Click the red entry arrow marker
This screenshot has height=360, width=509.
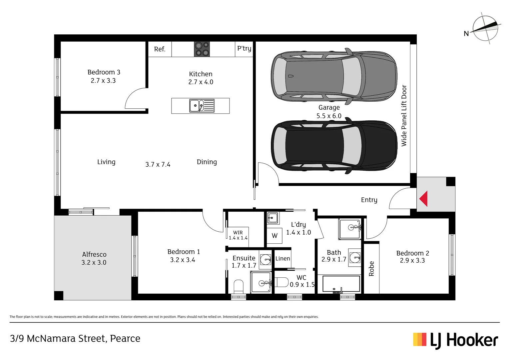tap(423, 199)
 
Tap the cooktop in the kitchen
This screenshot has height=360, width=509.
tap(202, 49)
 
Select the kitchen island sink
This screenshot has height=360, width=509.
tap(202, 106)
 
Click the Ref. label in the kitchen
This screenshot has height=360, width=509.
tap(160, 49)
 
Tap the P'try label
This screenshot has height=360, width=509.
tap(244, 48)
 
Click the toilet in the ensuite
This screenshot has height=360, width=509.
tap(239, 287)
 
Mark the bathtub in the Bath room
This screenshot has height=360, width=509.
tap(338, 284)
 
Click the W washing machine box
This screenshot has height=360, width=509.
tap(274, 236)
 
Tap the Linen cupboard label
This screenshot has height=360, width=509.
tap(282, 259)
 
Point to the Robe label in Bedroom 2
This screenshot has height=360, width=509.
tap(371, 269)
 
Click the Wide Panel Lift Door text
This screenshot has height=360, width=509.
tap(404, 116)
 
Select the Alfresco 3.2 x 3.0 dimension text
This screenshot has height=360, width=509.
tap(94, 263)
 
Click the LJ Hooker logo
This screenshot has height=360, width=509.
tap(455, 340)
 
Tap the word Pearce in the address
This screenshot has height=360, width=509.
tap(125, 339)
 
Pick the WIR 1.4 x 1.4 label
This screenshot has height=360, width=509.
tap(238, 235)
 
